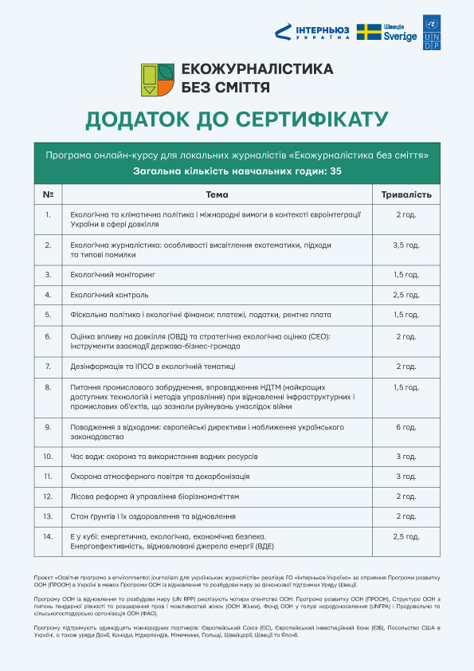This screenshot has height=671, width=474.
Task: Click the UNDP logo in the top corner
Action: coord(432,32)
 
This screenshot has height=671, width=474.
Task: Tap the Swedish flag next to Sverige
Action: coord(368,32)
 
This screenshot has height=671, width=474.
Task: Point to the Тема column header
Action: coord(217,195)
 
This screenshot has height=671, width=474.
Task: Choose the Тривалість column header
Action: coord(406,195)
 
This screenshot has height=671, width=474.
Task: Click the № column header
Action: coord(49,195)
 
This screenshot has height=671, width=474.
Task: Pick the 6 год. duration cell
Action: coord(406,426)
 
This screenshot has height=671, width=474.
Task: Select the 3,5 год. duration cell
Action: coord(406,245)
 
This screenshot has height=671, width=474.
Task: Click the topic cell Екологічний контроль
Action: coord(109,294)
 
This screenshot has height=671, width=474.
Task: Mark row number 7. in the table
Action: coord(49,367)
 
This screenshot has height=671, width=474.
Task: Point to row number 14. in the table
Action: coord(49,536)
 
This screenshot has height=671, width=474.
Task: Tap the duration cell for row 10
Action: coord(406,456)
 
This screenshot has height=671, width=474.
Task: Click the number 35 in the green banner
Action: coord(335,171)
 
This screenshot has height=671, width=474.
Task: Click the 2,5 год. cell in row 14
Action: coord(406,536)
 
